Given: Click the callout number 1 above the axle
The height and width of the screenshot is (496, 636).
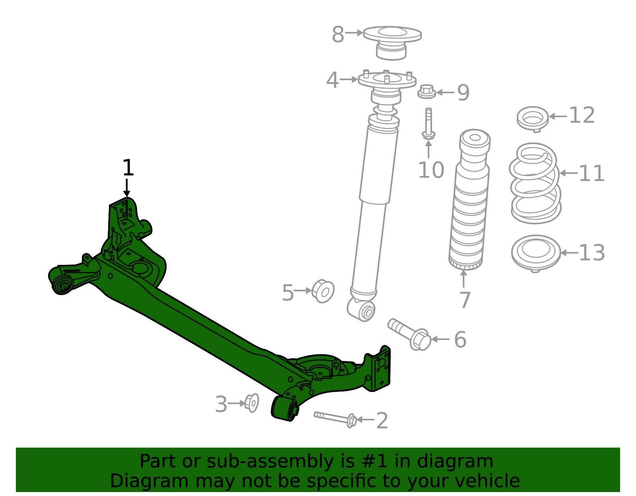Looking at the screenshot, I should (128, 168).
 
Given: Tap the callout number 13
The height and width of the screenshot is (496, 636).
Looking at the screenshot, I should (591, 253).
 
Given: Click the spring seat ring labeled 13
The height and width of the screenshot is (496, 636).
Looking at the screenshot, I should (536, 253).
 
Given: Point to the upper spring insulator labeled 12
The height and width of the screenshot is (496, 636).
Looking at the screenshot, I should (533, 118).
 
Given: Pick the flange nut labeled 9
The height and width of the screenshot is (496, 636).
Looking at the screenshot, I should (427, 92).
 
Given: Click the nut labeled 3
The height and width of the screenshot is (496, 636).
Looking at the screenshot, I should (252, 403).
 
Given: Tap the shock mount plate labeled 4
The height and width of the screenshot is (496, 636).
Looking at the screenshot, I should (387, 81).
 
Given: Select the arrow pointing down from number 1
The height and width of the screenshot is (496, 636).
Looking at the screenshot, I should (127, 187).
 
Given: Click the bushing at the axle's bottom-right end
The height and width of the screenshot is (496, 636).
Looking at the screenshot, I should (285, 409).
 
